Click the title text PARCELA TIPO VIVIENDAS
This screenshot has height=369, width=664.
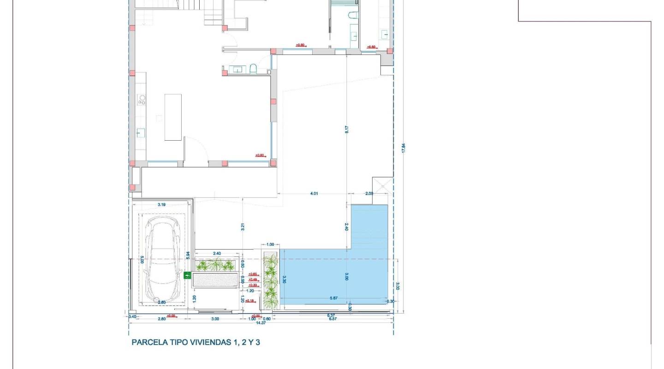pyautogui.click(x=196, y=342)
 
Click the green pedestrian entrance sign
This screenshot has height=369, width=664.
pyautogui.click(x=187, y=275)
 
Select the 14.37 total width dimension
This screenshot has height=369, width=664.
pyautogui.click(x=261, y=323)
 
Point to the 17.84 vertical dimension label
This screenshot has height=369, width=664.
pyautogui.click(x=403, y=148)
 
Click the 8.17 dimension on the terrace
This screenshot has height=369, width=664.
pyautogui.click(x=347, y=130)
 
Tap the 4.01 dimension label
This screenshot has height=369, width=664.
pyautogui.click(x=314, y=194)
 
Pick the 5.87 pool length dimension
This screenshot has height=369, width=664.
pyautogui.click(x=334, y=298)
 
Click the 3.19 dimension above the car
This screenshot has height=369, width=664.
pyautogui.click(x=161, y=204)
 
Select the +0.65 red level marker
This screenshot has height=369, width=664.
pyautogui.click(x=253, y=274)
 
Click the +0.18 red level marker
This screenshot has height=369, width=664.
pyautogui.click(x=249, y=301)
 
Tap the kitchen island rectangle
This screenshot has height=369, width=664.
pyautogui.click(x=173, y=117)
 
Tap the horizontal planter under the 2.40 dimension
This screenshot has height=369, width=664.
pyautogui.click(x=216, y=265)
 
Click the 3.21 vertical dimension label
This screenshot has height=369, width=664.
pyautogui.click(x=242, y=226)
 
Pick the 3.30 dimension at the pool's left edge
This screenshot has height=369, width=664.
pyautogui.click(x=285, y=280)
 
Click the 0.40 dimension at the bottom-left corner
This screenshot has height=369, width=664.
pyautogui.click(x=132, y=316)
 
